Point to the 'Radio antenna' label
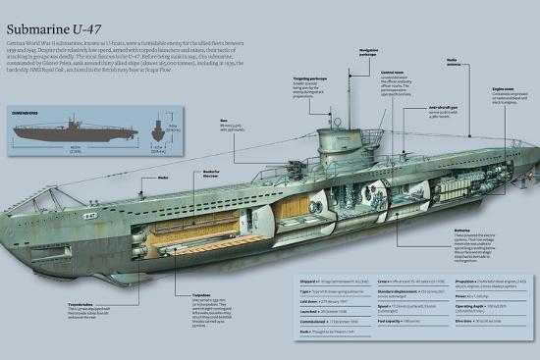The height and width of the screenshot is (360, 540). (456, 61)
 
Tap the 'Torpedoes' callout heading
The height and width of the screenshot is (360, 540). (201, 294)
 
